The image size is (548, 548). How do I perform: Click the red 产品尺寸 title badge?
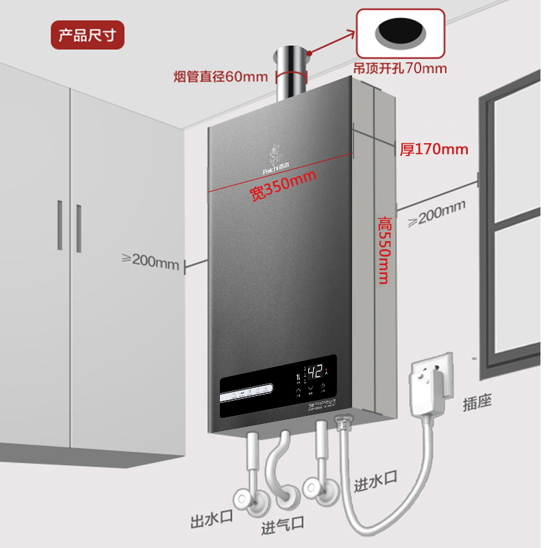tap(88, 35)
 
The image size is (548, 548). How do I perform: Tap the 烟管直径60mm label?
tap(220, 75)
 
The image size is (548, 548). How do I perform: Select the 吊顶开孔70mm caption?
tap(399, 68)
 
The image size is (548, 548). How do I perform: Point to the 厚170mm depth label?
tap(434, 149)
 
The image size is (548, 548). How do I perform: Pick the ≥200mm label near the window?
tap(436, 214)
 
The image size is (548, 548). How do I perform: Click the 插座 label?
tap(477, 402)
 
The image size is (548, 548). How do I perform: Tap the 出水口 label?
tap(211, 519)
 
